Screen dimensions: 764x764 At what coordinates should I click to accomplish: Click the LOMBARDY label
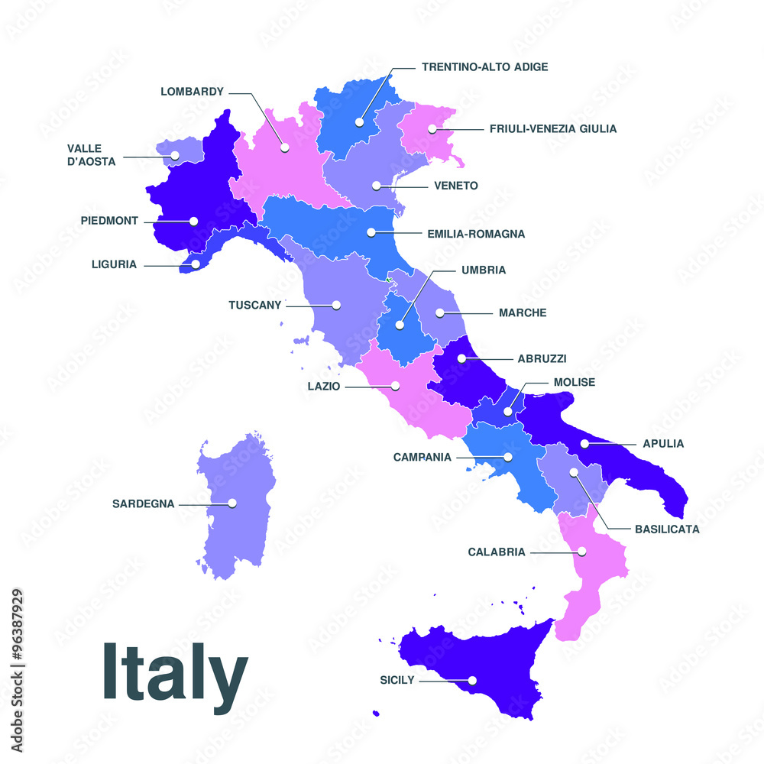point(192,92)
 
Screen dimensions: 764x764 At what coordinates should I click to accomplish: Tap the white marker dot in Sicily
point(473,680)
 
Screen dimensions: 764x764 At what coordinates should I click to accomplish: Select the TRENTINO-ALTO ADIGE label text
point(484,67)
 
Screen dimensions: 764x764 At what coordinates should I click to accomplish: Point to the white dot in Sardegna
point(232,503)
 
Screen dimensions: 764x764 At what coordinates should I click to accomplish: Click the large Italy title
point(175,673)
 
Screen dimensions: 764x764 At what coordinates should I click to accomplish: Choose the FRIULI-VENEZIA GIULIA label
point(552,128)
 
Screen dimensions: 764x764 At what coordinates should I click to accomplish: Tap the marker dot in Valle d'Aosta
point(175,156)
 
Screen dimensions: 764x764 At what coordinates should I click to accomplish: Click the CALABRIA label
point(497,552)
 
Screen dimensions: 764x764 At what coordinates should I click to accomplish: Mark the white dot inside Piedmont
point(194,221)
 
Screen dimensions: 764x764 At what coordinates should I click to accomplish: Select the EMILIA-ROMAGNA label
point(476,234)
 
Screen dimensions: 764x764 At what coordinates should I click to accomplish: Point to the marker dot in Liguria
point(196,264)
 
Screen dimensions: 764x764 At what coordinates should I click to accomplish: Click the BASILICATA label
point(667,529)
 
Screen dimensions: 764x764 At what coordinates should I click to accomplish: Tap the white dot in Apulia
point(584,443)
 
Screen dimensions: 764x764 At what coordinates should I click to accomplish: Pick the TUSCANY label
point(255,305)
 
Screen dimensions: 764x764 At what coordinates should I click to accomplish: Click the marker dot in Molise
point(508,412)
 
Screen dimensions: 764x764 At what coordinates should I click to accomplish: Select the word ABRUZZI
point(542,358)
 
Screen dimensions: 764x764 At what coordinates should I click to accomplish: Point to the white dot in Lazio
point(396,386)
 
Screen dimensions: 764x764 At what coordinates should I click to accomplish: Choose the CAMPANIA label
point(422,457)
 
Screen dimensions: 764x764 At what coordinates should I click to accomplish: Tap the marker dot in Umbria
point(400,325)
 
